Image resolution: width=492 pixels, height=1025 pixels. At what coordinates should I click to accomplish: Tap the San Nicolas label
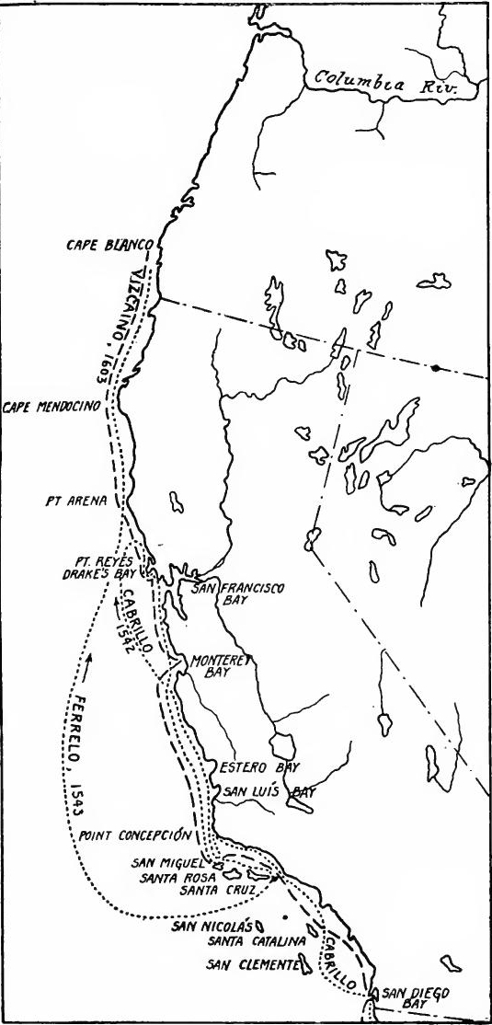[212, 925]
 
